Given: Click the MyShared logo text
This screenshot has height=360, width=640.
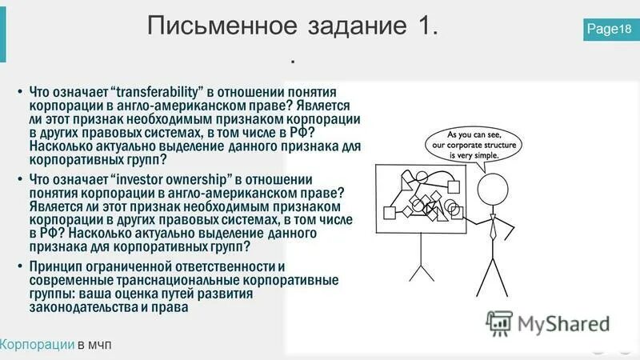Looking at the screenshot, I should point(563,323).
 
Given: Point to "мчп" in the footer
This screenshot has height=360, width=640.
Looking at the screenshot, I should point(100,344).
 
